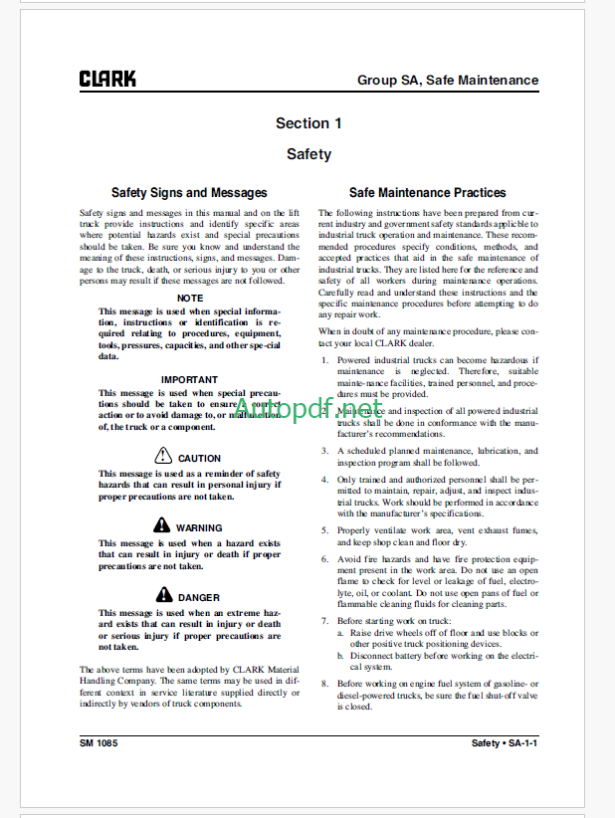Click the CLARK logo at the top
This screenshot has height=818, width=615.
coord(108,79)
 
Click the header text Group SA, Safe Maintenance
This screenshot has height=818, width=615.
coord(448,80)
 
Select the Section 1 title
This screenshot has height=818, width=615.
coord(308,123)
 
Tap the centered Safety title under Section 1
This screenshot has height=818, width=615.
coord(308,154)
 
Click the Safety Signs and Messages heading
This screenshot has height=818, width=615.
coord(189,193)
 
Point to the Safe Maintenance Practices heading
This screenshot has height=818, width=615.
coord(428,193)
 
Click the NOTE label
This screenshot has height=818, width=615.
coord(189,299)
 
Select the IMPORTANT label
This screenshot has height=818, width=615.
coord(189,379)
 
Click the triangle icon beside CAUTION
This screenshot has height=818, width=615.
coord(163,457)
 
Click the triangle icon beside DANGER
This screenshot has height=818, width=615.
coord(163,594)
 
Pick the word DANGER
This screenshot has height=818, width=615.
coord(199,597)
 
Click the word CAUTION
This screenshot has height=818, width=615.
coord(199,459)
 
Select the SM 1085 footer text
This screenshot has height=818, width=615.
coord(100,743)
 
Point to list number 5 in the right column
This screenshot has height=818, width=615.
coord(324,530)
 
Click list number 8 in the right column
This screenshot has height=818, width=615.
coord(324,684)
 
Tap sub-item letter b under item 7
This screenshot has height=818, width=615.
coord(340,657)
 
